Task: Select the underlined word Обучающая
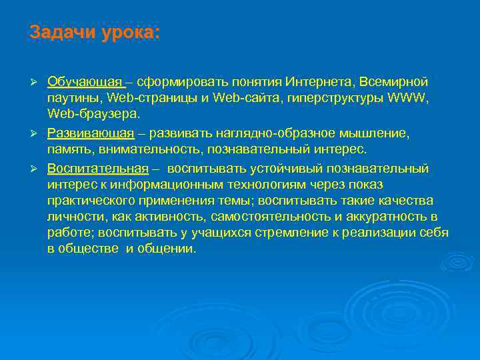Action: click(x=85, y=82)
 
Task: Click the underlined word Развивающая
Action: click(x=91, y=133)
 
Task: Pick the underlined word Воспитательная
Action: click(x=97, y=168)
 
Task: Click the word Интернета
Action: click(x=319, y=82)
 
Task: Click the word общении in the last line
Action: click(x=172, y=249)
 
